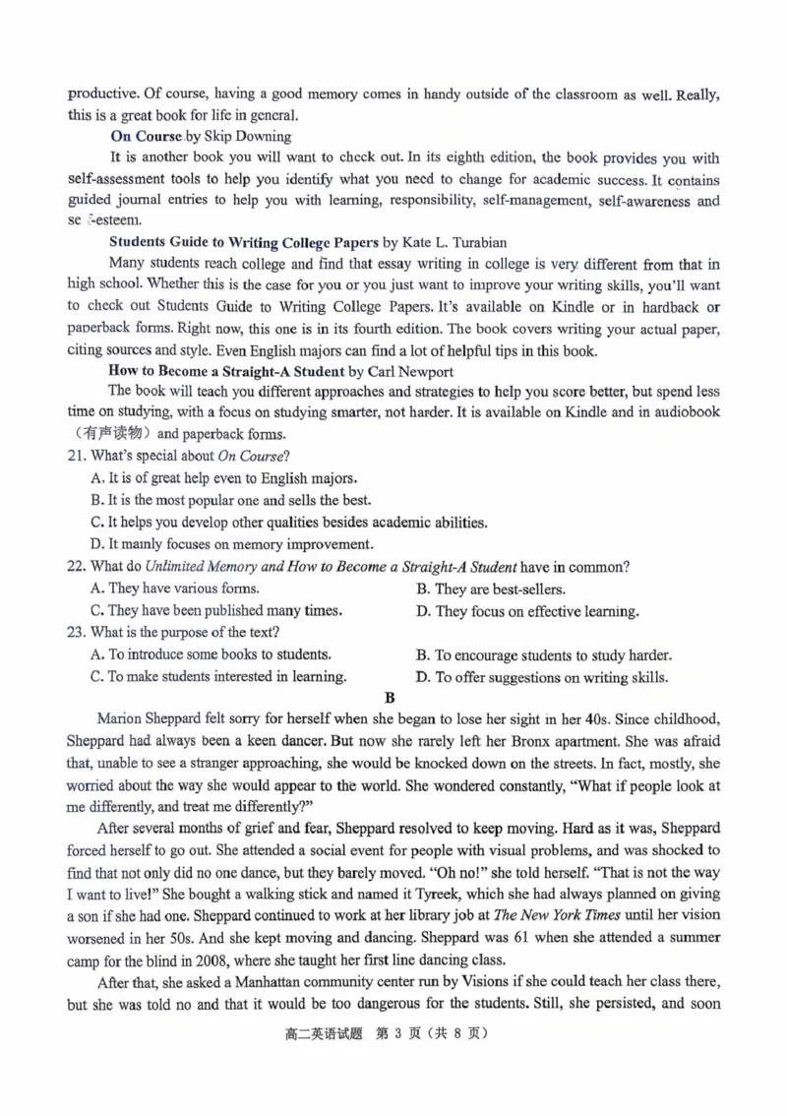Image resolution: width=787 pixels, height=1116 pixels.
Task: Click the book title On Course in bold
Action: click(x=146, y=137)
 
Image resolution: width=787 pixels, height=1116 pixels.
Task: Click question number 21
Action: click(x=74, y=457)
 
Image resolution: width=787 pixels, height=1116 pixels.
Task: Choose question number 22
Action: click(x=74, y=567)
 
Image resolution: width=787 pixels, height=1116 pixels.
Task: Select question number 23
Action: click(x=74, y=632)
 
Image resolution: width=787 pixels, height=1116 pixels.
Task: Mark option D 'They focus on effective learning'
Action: click(x=527, y=611)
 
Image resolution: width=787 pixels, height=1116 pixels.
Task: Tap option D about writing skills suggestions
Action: click(x=543, y=677)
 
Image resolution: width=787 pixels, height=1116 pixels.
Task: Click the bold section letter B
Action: click(x=390, y=698)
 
